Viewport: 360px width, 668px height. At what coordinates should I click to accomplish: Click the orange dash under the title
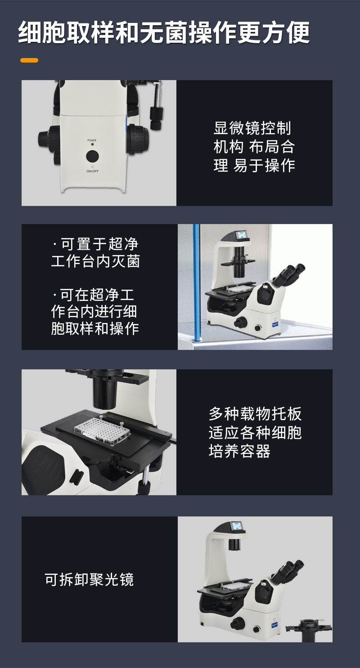(x=29, y=60)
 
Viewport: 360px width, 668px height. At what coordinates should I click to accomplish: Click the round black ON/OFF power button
(x=92, y=156)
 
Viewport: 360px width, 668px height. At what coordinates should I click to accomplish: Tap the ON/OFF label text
(x=92, y=171)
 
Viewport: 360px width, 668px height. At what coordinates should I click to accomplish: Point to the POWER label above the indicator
(x=92, y=140)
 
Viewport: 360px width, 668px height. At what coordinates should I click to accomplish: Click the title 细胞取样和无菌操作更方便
(x=164, y=33)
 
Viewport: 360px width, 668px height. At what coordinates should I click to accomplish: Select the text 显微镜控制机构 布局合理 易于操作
(x=254, y=147)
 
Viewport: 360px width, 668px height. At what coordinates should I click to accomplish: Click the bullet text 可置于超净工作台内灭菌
(x=95, y=253)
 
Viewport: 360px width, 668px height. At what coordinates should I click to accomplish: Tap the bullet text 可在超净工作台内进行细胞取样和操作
(x=95, y=311)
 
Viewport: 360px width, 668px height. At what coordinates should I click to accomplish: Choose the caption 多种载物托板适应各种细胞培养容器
(x=255, y=432)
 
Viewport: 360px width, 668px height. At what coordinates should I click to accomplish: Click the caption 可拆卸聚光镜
(x=89, y=579)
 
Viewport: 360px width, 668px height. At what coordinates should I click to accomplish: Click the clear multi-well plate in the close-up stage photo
(x=102, y=431)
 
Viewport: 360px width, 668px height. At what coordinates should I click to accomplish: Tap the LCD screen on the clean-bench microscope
(x=241, y=235)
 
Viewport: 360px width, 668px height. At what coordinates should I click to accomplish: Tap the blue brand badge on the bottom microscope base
(x=274, y=624)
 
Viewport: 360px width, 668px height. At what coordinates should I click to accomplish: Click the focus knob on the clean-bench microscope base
(x=240, y=323)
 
